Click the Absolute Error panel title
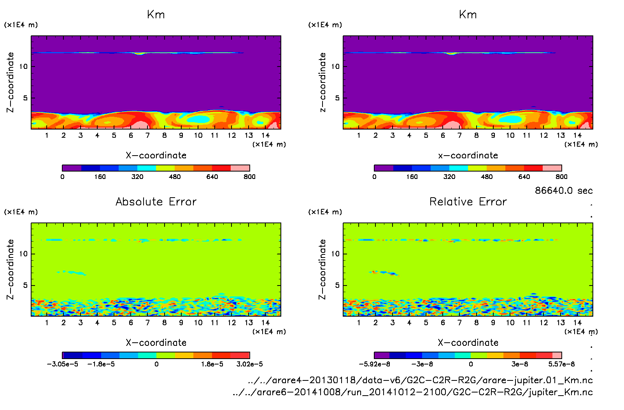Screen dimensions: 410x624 [156, 201]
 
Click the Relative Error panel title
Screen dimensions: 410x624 [468, 201]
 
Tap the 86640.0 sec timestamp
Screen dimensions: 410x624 [564, 191]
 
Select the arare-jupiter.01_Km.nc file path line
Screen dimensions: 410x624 [420, 380]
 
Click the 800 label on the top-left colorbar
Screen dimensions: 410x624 [249, 177]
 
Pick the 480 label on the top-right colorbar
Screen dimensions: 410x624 [487, 177]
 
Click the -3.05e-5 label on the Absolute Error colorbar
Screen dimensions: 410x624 [62, 364]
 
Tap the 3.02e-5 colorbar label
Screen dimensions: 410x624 [249, 364]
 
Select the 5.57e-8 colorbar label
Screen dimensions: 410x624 [561, 364]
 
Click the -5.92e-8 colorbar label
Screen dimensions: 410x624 [374, 364]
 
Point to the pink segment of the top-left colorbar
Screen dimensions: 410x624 [240, 168]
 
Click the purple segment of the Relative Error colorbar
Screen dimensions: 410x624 [382, 355]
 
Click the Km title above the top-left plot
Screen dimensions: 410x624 [156, 15]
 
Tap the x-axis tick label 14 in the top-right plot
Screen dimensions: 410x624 [577, 135]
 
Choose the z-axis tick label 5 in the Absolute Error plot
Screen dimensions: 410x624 [25, 285]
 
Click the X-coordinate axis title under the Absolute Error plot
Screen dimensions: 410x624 [156, 343]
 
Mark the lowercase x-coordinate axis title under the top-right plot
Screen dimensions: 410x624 [468, 156]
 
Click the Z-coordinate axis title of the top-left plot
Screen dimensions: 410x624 [10, 82]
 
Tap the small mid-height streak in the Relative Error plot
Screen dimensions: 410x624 [384, 273]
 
